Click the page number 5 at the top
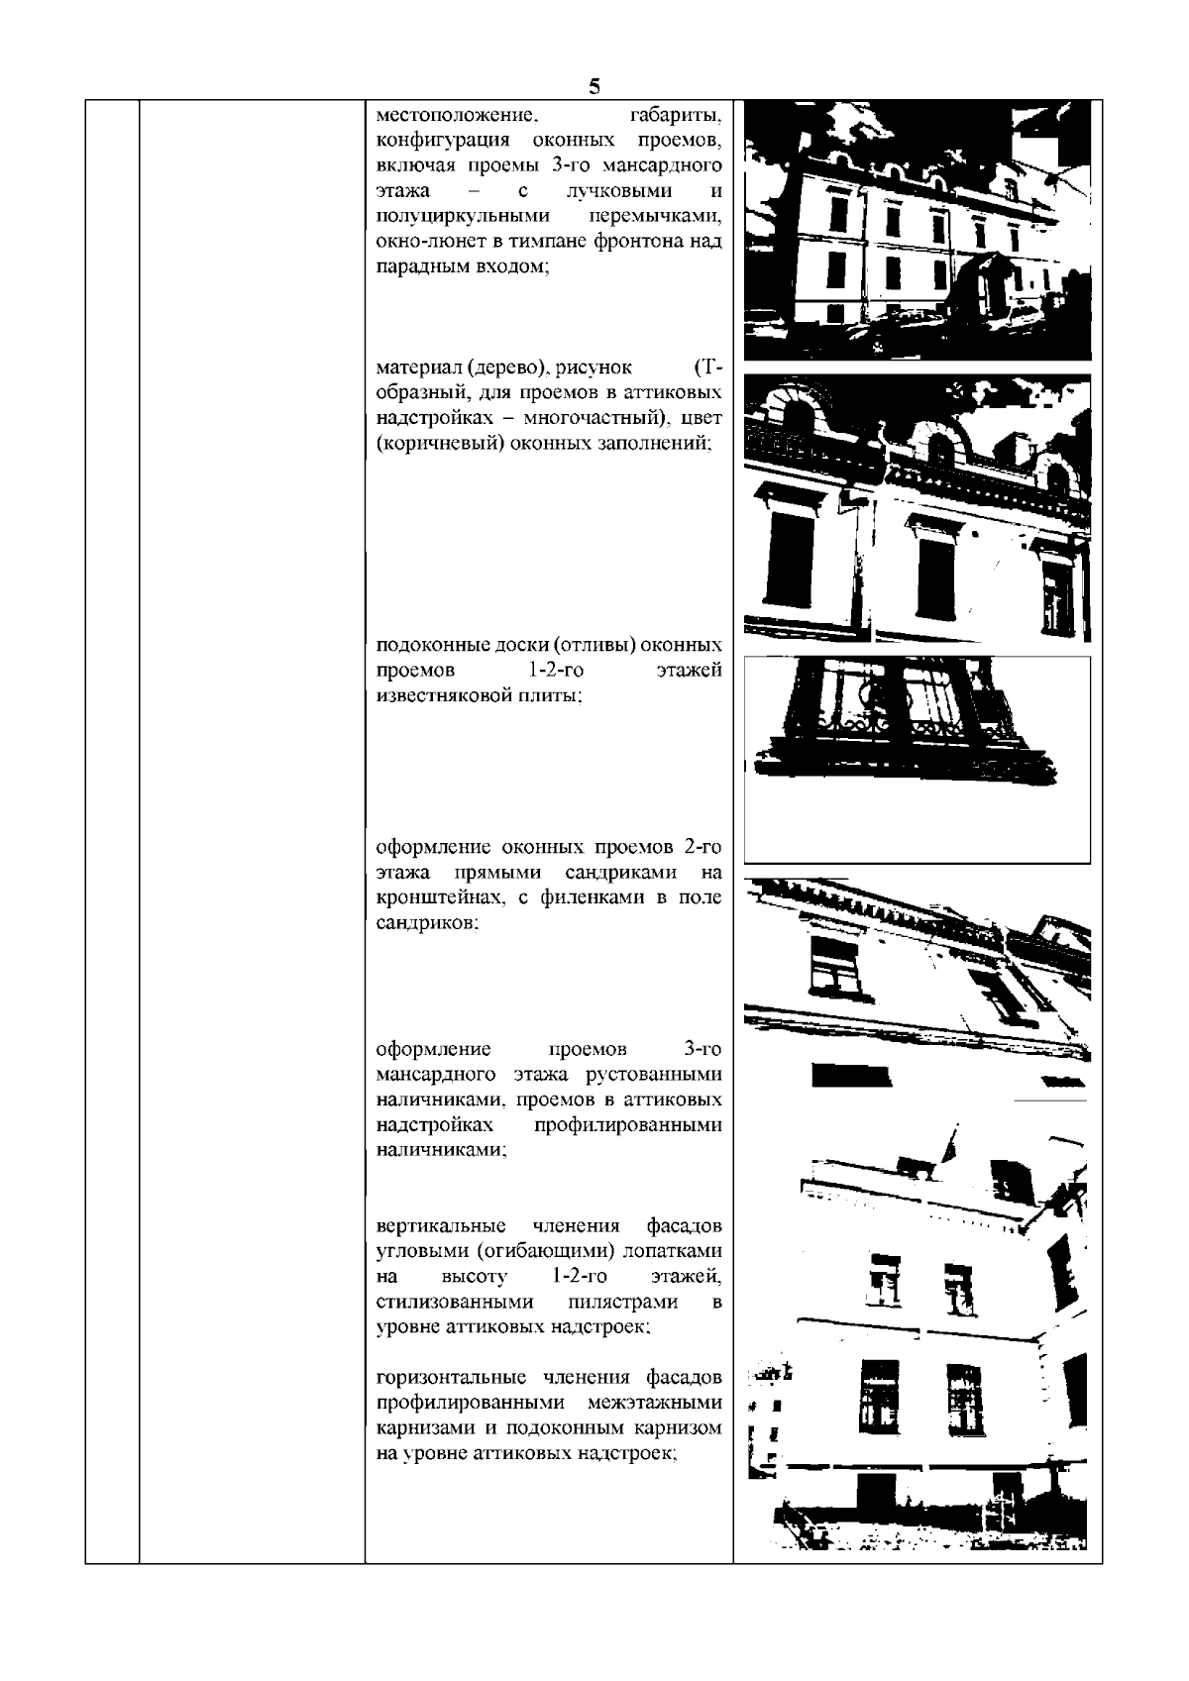click(x=594, y=85)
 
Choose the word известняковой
click(x=440, y=696)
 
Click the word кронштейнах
click(x=443, y=898)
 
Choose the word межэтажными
click(x=654, y=1404)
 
